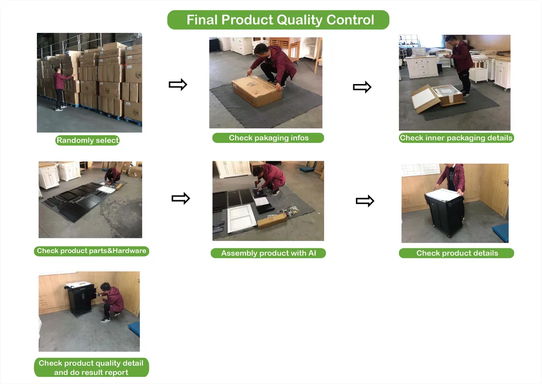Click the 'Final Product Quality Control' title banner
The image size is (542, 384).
coord(278,20)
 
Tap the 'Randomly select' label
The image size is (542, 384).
coord(87,140)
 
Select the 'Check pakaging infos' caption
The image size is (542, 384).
coord(268,138)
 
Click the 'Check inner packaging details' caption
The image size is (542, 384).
coord(456,138)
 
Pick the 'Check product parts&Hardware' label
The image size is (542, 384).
coord(92,251)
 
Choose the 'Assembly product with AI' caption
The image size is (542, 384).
coord(268,253)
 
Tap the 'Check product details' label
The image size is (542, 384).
coord(457,253)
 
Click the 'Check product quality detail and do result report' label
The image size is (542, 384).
coord(91,368)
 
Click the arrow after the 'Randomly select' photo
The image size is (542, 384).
coord(177,84)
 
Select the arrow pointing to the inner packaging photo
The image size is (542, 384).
coord(362,87)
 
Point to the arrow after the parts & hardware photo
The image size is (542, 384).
coord(181,199)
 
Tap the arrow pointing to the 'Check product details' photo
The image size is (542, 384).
coord(365,201)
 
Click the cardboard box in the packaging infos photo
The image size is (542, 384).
coord(257,91)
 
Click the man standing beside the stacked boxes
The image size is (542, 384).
coord(59,89)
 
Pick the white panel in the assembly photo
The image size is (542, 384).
coord(241,218)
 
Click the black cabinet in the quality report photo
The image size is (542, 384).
coord(81,300)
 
